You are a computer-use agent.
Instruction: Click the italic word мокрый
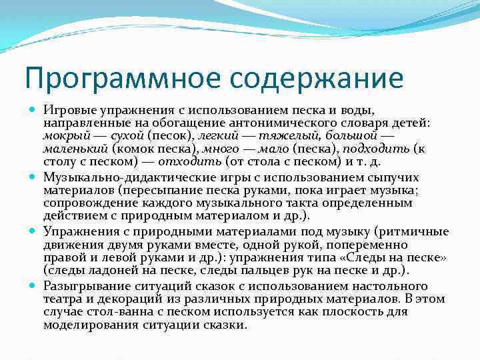(x=62, y=136)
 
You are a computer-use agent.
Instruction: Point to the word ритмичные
(x=413, y=231)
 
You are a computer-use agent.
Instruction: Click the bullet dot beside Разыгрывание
(x=34, y=285)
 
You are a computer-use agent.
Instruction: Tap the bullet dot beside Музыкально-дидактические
(x=34, y=177)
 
